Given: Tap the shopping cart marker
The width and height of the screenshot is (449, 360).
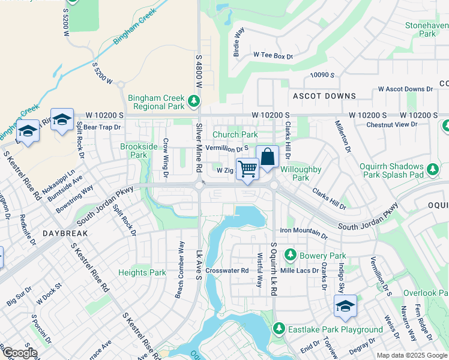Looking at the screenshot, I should pyautogui.click(x=247, y=169).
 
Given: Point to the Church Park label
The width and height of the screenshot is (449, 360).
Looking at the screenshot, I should pyautogui.click(x=235, y=135).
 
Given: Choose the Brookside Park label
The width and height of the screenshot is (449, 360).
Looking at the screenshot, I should pyautogui.click(x=133, y=151).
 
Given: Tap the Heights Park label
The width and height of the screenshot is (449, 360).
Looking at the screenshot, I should pyautogui.click(x=142, y=272).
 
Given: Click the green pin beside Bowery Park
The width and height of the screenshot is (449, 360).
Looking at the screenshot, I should pyautogui.click(x=291, y=254).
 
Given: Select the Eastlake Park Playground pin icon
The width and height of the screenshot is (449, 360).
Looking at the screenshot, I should pyautogui.click(x=279, y=329).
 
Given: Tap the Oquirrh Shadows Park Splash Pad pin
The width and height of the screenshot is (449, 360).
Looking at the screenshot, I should pyautogui.click(x=432, y=173).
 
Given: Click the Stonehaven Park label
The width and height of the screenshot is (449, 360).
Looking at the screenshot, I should pyautogui.click(x=427, y=30).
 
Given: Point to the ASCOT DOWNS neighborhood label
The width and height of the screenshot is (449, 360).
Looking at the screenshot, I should pyautogui.click(x=324, y=96).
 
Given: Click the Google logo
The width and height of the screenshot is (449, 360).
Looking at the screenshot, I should pyautogui.click(x=19, y=353).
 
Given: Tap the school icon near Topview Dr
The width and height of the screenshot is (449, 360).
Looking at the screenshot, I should pyautogui.click(x=345, y=306).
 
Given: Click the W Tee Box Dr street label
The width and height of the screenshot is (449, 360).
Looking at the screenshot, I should pyautogui.click(x=273, y=55).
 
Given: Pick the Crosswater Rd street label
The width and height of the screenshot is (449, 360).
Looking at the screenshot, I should pyautogui.click(x=227, y=271).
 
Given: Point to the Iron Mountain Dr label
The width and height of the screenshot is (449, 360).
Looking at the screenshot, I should pyautogui.click(x=304, y=230).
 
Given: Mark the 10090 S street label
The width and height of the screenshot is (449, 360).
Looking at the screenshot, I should pyautogui.click(x=322, y=75).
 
